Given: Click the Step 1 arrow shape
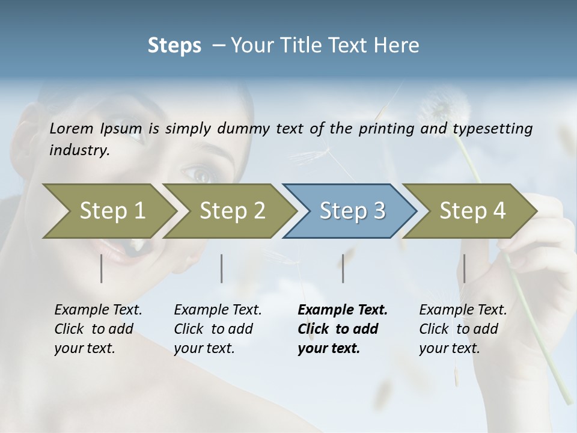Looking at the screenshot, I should coord(108,211).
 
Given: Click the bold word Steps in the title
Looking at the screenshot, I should coord(174,46).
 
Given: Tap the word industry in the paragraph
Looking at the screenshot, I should coord(79,150).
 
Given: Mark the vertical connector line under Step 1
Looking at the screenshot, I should coord(102,268).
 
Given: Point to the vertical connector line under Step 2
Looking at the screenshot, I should coord(222,268).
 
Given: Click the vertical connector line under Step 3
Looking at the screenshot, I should coord(343,268).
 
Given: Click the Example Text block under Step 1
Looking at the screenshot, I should coord(98,329).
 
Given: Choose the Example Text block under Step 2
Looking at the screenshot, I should coord(218,329).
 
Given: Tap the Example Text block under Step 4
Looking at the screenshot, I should coord(463,329).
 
